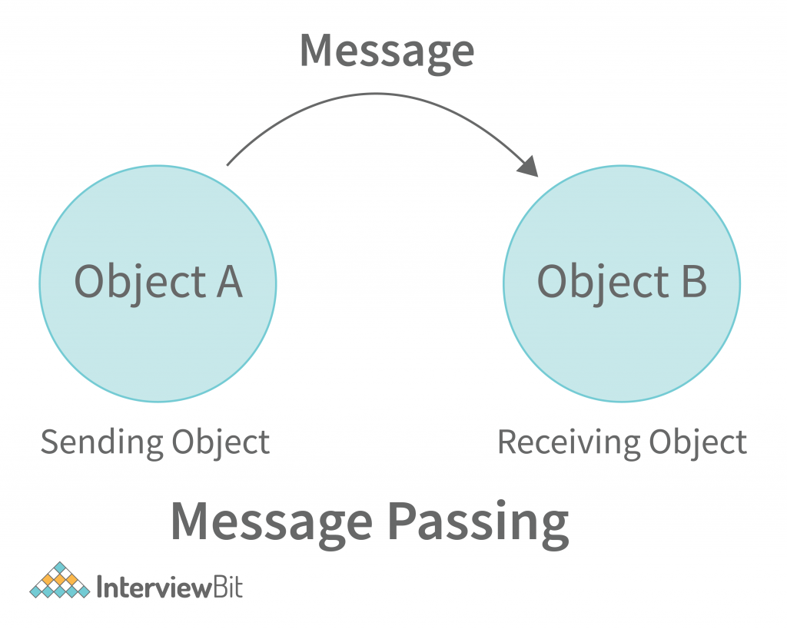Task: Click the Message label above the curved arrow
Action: [387, 51]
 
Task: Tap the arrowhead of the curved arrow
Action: [528, 165]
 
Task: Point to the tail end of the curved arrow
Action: [229, 163]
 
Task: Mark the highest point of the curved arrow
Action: [377, 94]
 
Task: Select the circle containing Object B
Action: [621, 338]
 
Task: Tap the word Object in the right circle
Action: [602, 283]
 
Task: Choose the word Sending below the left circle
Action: [101, 444]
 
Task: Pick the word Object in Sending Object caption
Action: [221, 444]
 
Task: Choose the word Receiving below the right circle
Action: [568, 443]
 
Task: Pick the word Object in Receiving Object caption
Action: [698, 443]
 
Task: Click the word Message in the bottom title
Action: [271, 523]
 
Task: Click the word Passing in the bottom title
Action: [477, 523]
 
